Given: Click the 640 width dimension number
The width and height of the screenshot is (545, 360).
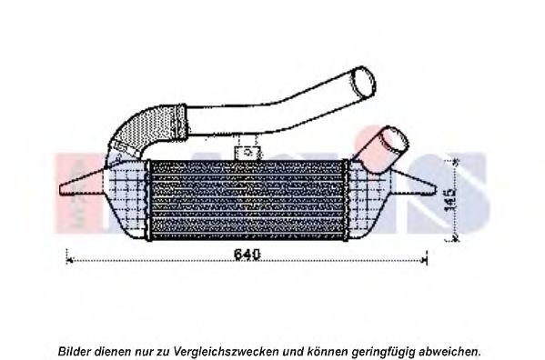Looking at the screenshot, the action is [247, 255].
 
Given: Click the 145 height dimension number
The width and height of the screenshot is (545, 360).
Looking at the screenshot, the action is [450, 200].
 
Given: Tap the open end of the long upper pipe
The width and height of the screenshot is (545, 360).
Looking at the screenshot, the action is [364, 83].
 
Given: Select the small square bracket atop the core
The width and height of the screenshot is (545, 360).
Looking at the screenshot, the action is [247, 153].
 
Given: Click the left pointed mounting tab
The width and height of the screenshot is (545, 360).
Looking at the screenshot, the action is [82, 183].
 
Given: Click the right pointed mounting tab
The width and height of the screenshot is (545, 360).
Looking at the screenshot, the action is [414, 183].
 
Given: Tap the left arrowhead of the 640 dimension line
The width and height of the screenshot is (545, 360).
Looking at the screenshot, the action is [69, 259].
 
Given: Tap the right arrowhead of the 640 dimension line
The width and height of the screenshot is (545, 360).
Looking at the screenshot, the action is [424, 259].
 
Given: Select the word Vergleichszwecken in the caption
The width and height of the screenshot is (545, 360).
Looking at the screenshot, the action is [226, 351].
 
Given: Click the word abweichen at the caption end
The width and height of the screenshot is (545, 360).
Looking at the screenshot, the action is [448, 351].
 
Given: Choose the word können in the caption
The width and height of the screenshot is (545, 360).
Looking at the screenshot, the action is [327, 351].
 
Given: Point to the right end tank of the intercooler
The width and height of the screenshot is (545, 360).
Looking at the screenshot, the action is [369, 200].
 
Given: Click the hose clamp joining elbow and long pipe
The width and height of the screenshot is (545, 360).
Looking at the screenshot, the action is [180, 121].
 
